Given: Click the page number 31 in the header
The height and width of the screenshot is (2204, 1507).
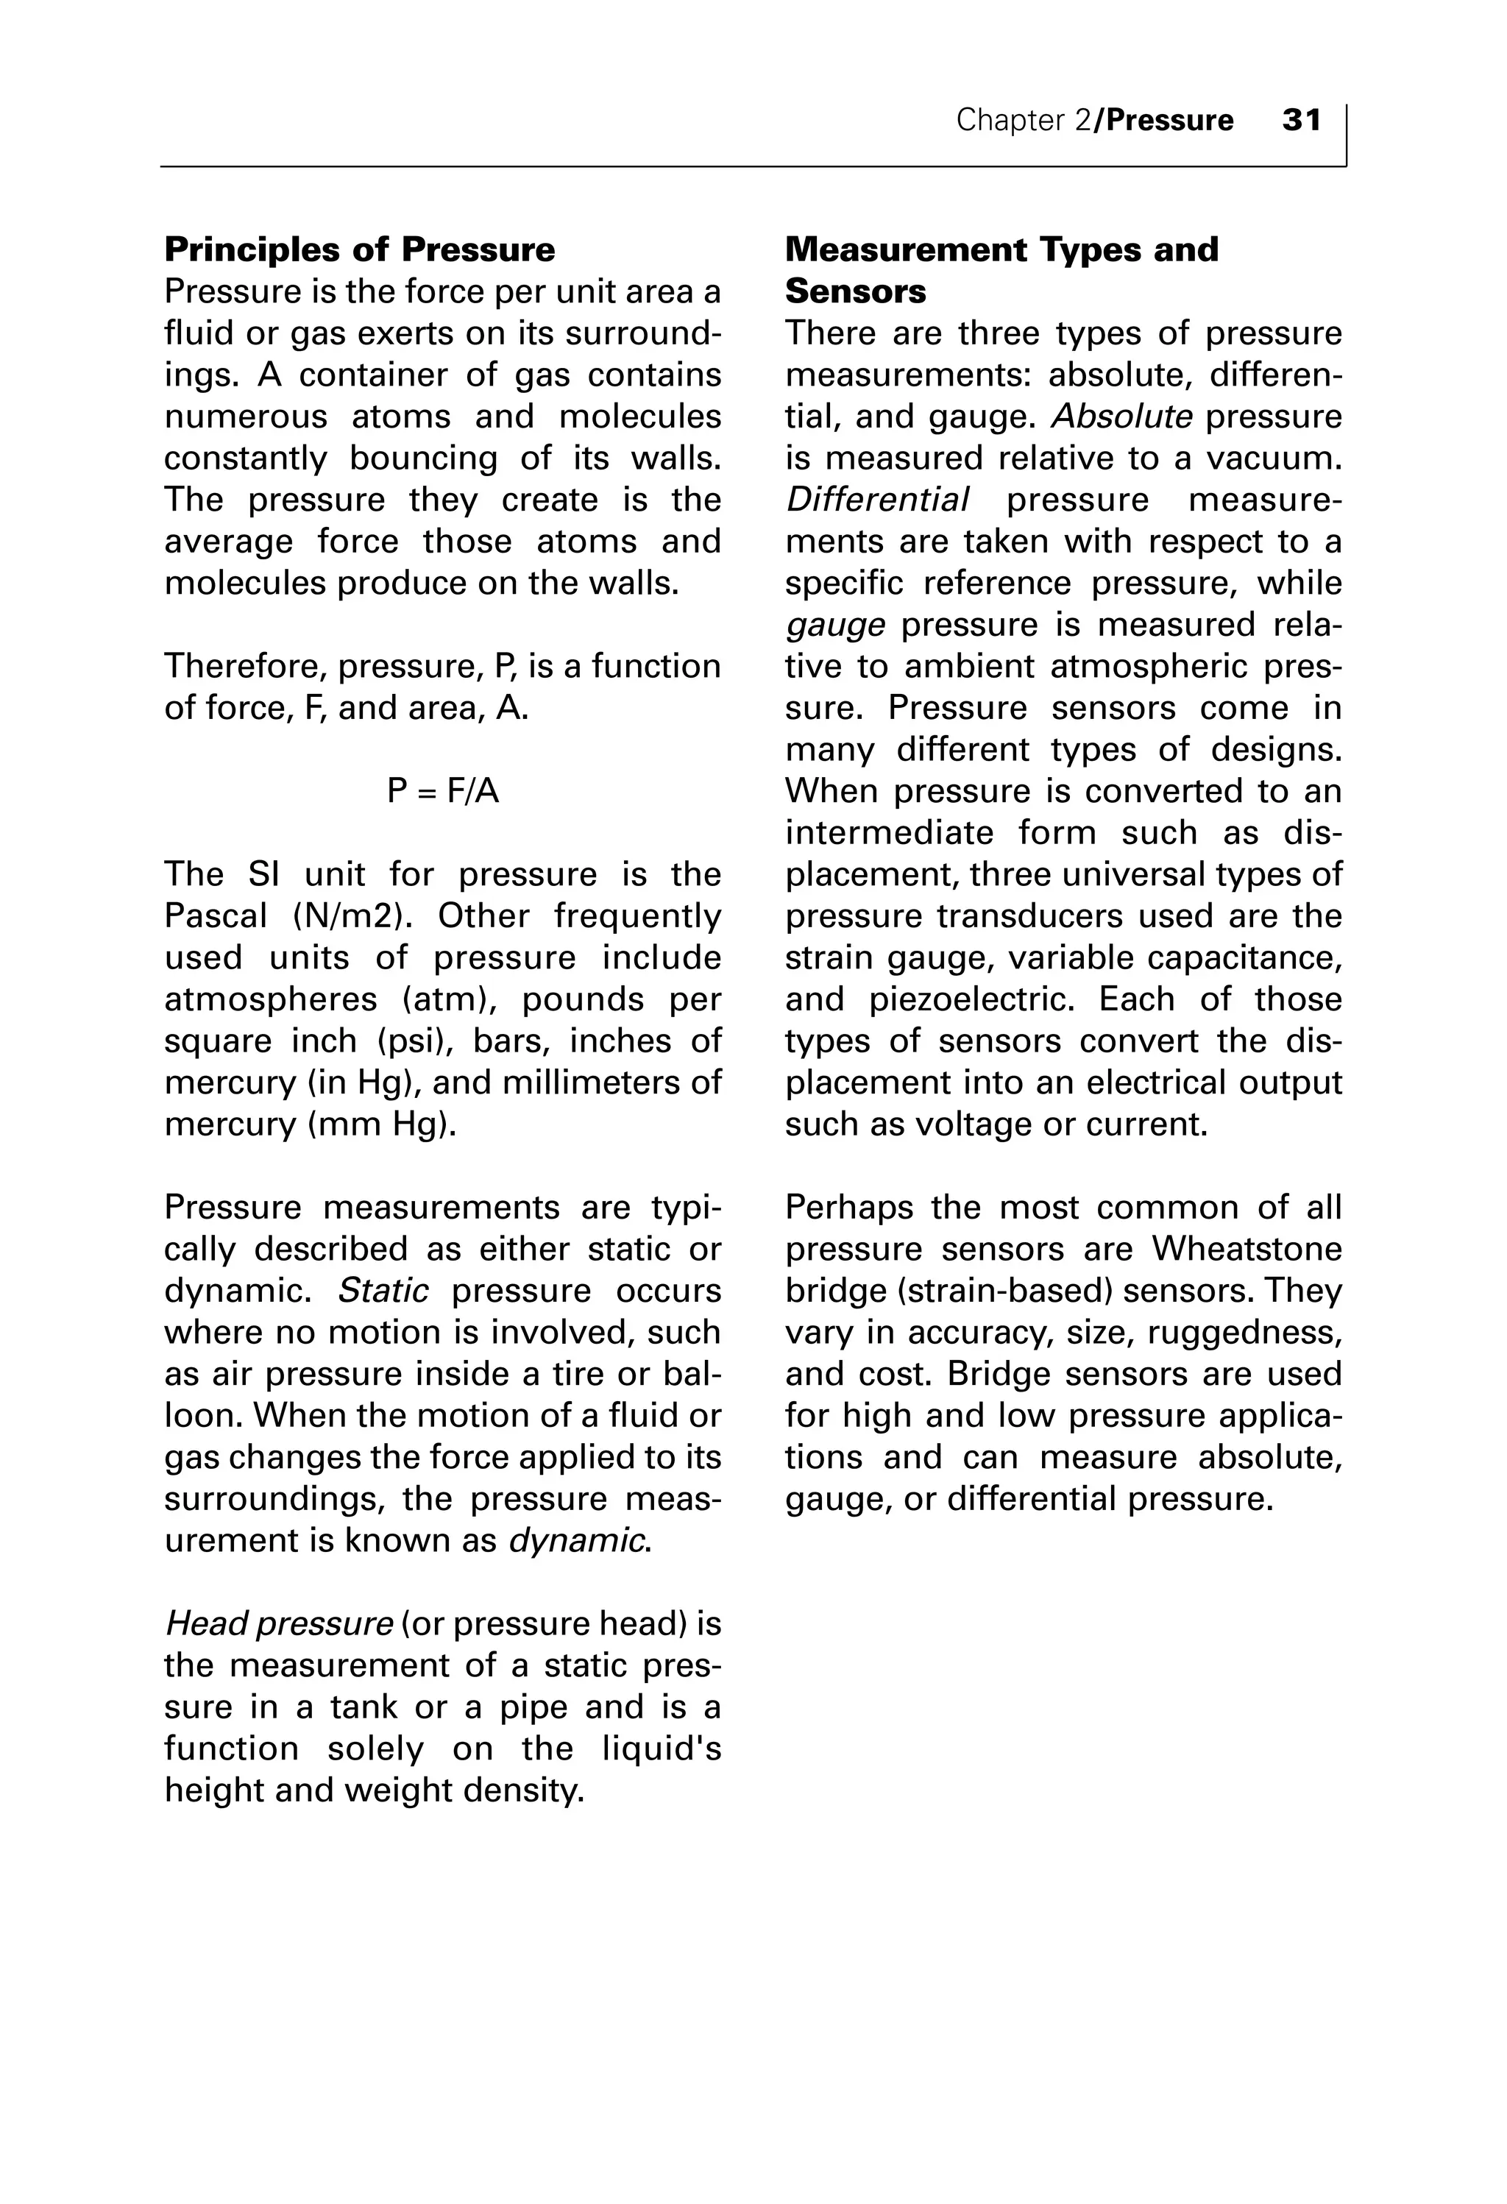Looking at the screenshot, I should (x=1301, y=121).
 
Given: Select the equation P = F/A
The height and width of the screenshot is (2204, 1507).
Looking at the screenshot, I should (x=443, y=791).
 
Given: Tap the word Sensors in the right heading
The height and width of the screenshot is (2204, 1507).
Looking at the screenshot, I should (x=856, y=291).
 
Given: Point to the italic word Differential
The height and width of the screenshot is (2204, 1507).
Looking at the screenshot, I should (x=877, y=500).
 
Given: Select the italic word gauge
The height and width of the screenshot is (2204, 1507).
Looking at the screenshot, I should (x=834, y=625).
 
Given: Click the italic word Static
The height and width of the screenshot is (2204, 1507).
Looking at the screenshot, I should (x=383, y=1291).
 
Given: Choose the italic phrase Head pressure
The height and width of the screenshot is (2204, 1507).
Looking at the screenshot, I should (x=279, y=1625).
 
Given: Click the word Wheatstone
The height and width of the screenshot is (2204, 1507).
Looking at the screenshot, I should (x=1247, y=1249).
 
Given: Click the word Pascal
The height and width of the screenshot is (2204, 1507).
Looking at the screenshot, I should (x=216, y=916).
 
